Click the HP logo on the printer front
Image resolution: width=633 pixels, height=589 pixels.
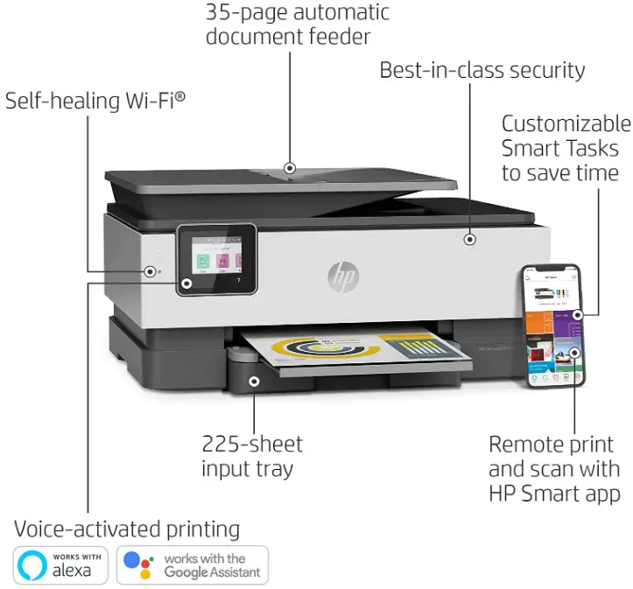coord(343,277)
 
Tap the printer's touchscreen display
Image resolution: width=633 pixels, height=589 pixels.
coord(216,258)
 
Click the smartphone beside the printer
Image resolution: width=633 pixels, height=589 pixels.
coord(552,326)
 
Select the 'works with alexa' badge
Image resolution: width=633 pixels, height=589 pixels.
coord(60,564)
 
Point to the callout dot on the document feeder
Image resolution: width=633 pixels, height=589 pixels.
coord(290,168)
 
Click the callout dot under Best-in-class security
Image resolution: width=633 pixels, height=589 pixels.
coord(470,237)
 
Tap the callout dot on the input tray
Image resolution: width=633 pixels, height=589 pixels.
coord(254,381)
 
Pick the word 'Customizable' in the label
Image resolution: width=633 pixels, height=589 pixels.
coord(566,123)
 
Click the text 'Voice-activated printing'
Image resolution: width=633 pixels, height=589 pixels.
coord(127,529)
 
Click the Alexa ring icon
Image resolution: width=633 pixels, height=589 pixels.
coord(32,564)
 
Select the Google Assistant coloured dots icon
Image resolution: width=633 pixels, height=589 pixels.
coord(138,564)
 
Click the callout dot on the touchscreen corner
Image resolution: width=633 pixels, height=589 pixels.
coord(187,284)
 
